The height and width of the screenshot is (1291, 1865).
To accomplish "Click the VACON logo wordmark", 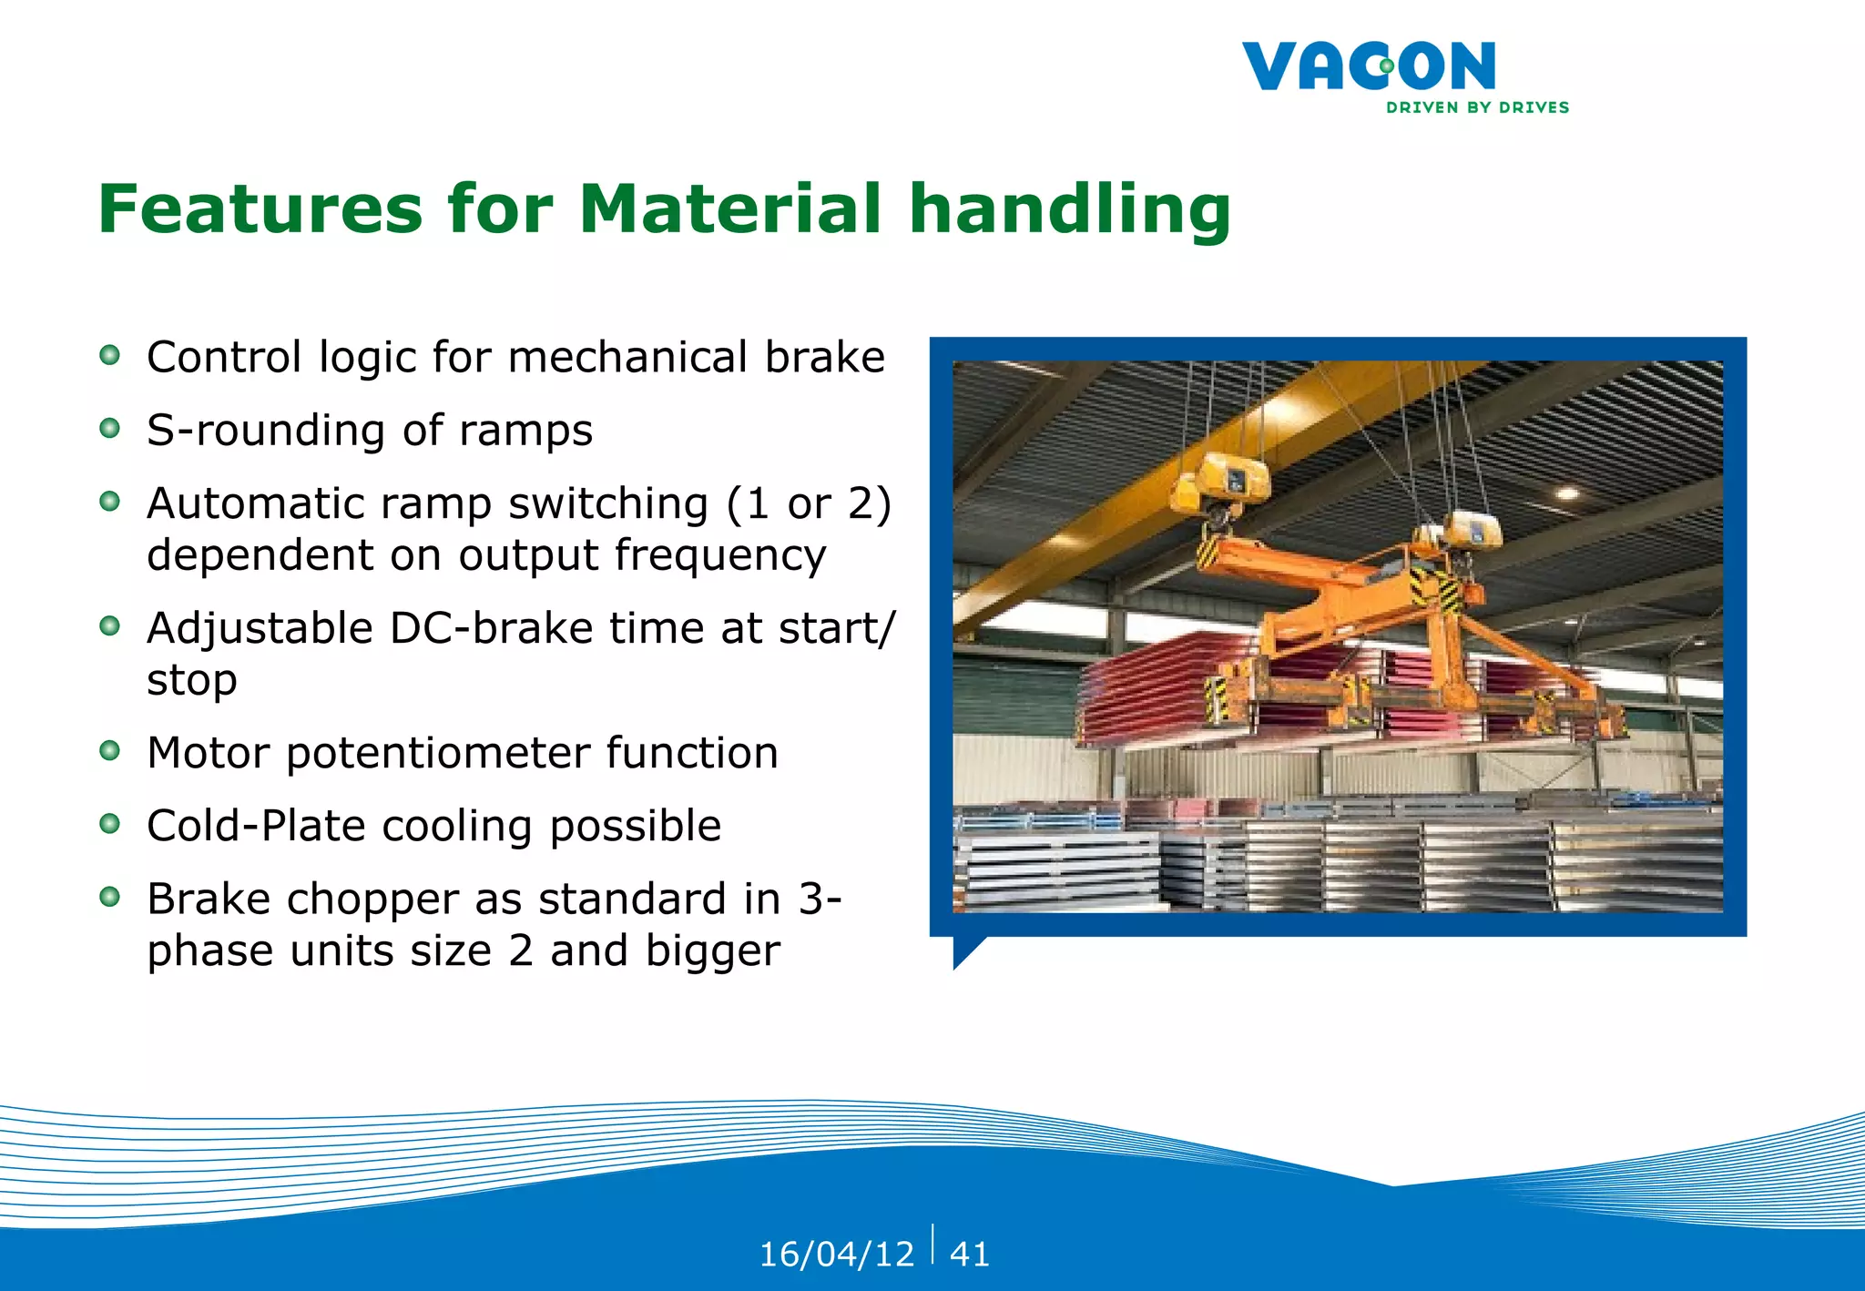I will point(1368,66).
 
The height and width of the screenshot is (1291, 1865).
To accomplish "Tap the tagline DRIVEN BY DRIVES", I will point(1477,107).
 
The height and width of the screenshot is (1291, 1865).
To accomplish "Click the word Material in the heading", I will point(729,208).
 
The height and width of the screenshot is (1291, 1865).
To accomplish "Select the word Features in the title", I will point(260,208).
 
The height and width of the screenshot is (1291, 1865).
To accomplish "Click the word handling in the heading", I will point(1070,210).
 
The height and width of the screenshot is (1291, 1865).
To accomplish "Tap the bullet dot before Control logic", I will point(109,355).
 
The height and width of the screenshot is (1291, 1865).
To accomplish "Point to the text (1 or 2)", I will point(809,504).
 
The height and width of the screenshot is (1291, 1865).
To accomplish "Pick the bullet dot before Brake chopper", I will point(109,897).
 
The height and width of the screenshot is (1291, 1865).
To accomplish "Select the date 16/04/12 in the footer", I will point(836,1255).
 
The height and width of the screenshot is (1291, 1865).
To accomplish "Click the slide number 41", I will point(969,1255).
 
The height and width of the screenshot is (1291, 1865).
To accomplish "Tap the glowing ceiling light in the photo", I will point(1567,493).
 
